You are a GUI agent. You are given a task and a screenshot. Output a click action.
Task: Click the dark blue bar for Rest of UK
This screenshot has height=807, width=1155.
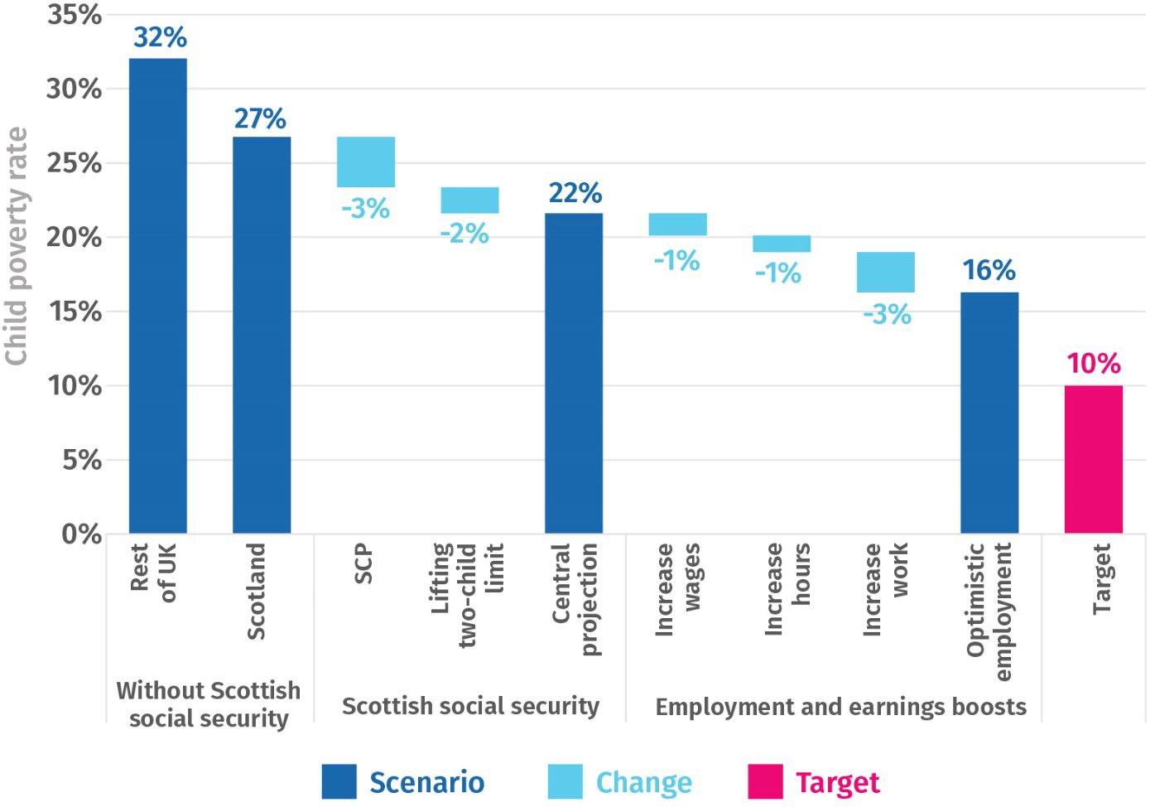pyautogui.click(x=158, y=295)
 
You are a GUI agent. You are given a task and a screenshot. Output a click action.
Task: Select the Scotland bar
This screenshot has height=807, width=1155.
pyautogui.click(x=262, y=335)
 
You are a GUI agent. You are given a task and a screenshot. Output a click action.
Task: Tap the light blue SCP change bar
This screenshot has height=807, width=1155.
pyautogui.click(x=366, y=162)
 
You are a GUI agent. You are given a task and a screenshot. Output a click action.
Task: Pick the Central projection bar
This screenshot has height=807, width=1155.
pyautogui.click(x=574, y=373)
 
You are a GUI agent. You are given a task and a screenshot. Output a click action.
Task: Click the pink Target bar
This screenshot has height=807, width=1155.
pyautogui.click(x=1094, y=459)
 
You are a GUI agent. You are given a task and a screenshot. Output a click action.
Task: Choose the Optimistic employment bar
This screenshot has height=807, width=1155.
pyautogui.click(x=989, y=413)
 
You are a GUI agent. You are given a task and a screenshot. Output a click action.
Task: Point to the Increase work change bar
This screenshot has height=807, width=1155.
pyautogui.click(x=886, y=272)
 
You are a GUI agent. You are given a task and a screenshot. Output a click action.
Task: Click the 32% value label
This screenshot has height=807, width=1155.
pyautogui.click(x=160, y=37)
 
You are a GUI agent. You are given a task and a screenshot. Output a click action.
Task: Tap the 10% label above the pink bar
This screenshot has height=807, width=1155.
pyautogui.click(x=1094, y=364)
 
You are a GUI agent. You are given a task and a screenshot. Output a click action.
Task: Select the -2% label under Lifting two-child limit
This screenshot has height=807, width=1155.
pyautogui.click(x=464, y=234)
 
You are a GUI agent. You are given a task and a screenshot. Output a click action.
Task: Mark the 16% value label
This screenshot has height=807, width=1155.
pyautogui.click(x=989, y=270)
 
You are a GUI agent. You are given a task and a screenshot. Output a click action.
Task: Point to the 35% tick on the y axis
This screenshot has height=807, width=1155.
pyautogui.click(x=74, y=15)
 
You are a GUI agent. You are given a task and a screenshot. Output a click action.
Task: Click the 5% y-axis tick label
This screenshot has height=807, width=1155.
pyautogui.click(x=81, y=460)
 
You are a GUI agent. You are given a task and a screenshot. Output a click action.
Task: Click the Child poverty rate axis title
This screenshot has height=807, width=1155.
pyautogui.click(x=17, y=246)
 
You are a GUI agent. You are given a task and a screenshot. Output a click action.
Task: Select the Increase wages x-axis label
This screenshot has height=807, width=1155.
pyautogui.click(x=677, y=589)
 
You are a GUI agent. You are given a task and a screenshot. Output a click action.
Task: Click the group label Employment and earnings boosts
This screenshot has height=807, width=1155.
pyautogui.click(x=840, y=707)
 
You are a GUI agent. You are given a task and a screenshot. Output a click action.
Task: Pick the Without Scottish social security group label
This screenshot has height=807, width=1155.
pyautogui.click(x=209, y=704)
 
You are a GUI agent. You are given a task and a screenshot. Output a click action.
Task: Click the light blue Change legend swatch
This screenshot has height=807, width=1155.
pyautogui.click(x=565, y=781)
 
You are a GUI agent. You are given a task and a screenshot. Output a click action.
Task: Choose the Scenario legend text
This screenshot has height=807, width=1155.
pyautogui.click(x=426, y=782)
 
